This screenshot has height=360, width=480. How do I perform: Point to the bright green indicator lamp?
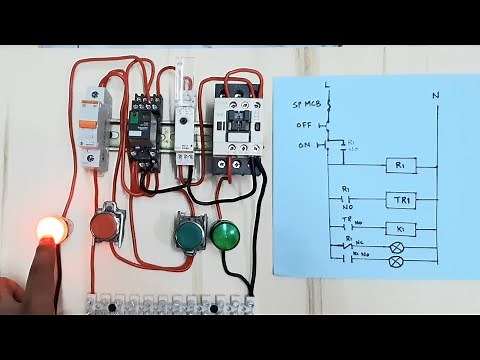225,236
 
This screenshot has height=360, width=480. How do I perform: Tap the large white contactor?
238,125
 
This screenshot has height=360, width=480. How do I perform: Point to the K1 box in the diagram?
397,229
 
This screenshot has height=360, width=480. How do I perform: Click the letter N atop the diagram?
435,96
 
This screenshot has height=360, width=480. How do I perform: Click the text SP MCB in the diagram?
305,105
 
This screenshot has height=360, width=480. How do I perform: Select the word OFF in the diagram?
304,125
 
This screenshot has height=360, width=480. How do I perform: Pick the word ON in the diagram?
304,146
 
